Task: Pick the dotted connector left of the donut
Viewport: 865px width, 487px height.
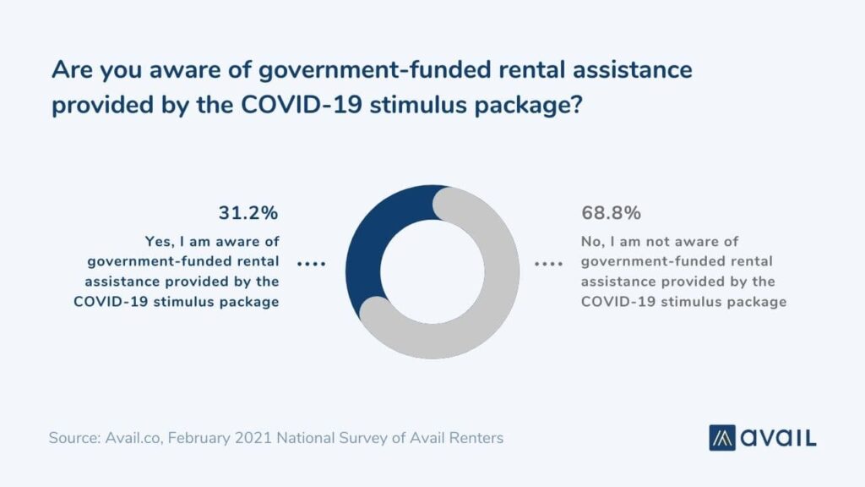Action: click(x=312, y=264)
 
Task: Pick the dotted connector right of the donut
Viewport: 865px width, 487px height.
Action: click(x=549, y=264)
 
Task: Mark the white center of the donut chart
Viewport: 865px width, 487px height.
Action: click(x=432, y=271)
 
